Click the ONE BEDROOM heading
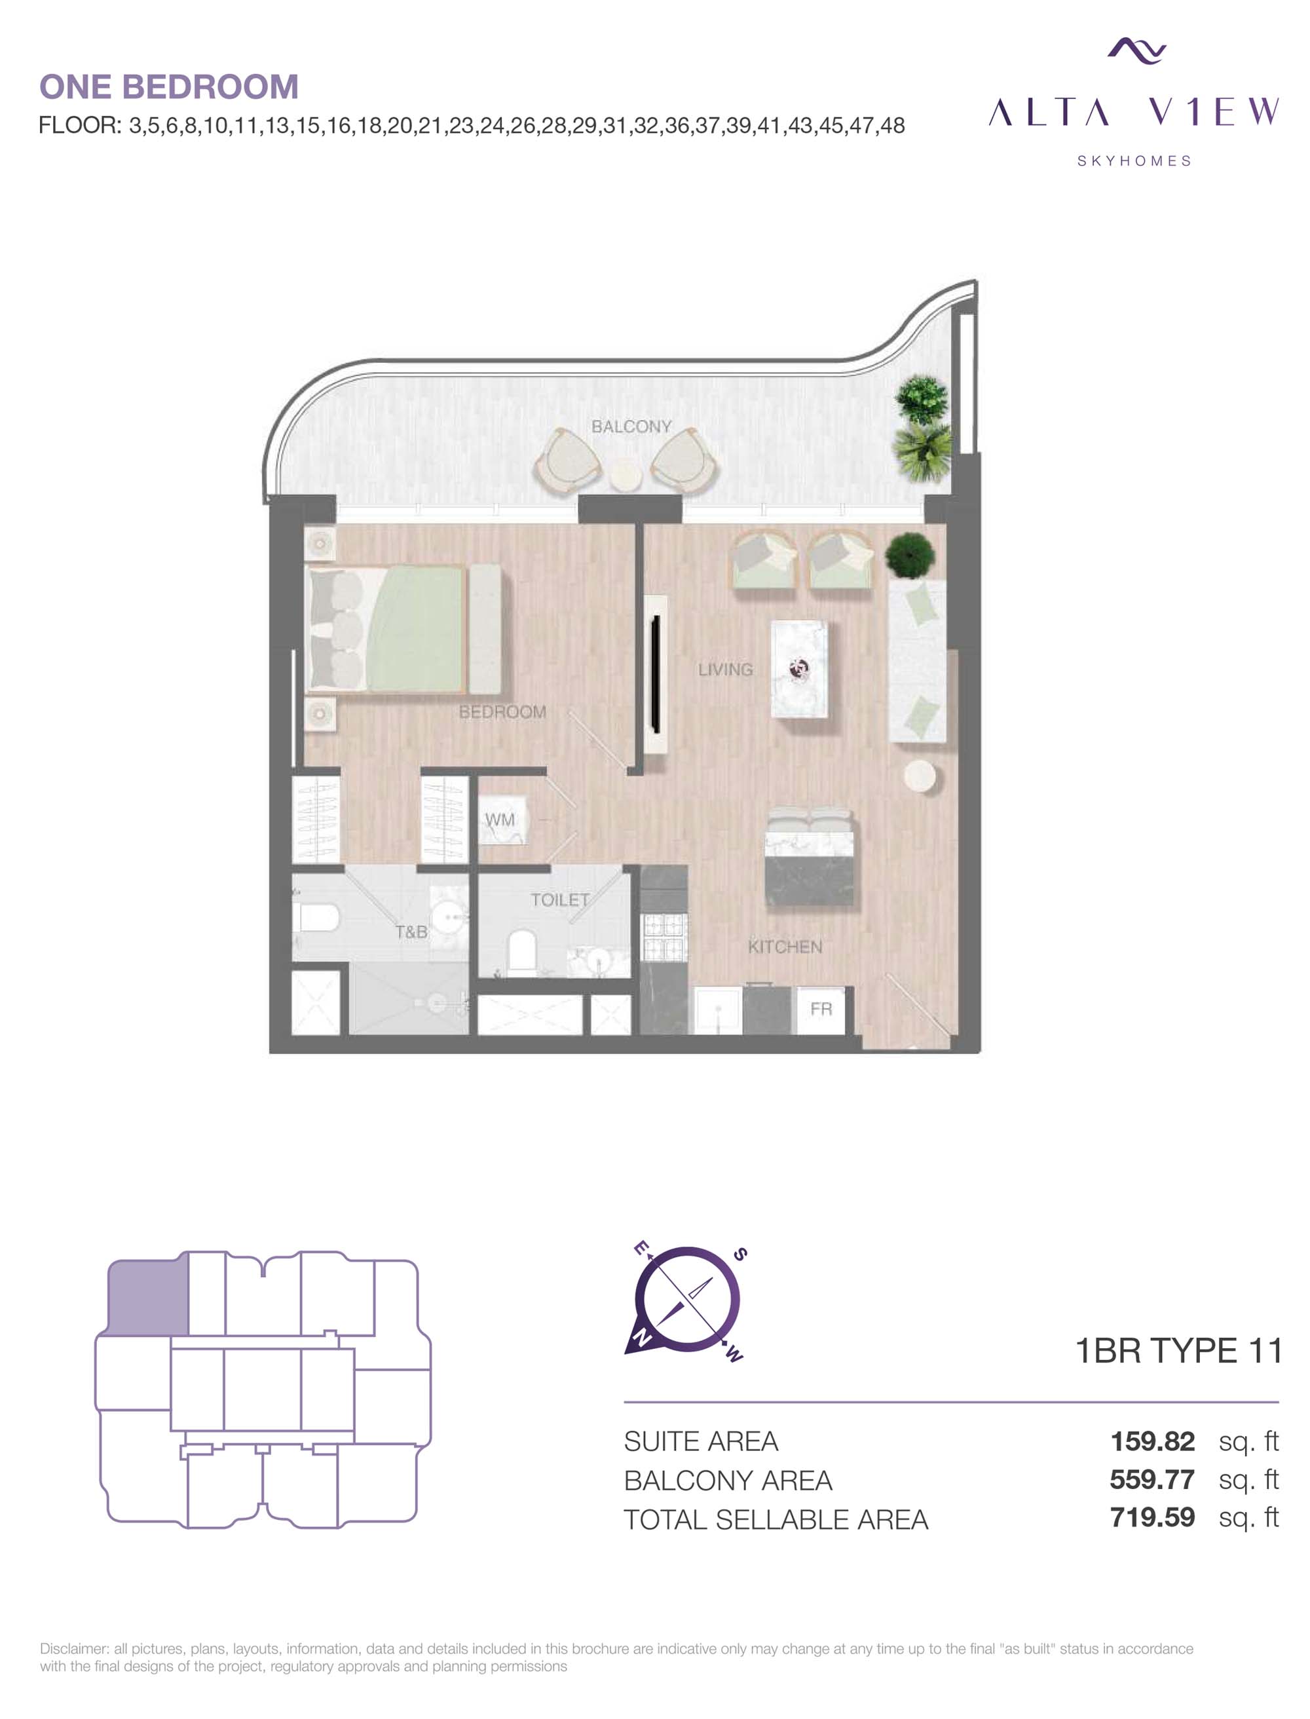[x=168, y=86]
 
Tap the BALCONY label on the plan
[x=631, y=426]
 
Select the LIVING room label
[x=725, y=670]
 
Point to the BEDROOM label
[x=502, y=711]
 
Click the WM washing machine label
[x=500, y=820]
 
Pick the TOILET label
[x=560, y=900]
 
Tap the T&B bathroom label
[x=411, y=932]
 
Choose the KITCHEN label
[x=785, y=947]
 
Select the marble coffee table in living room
[x=799, y=668]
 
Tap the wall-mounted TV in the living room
[x=656, y=674]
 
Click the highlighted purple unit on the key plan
[x=147, y=1296]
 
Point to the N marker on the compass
[x=641, y=1338]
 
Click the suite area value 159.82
[x=1153, y=1441]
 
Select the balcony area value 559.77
[x=1153, y=1479]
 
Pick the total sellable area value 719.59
[x=1153, y=1517]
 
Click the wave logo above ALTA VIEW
[x=1136, y=50]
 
